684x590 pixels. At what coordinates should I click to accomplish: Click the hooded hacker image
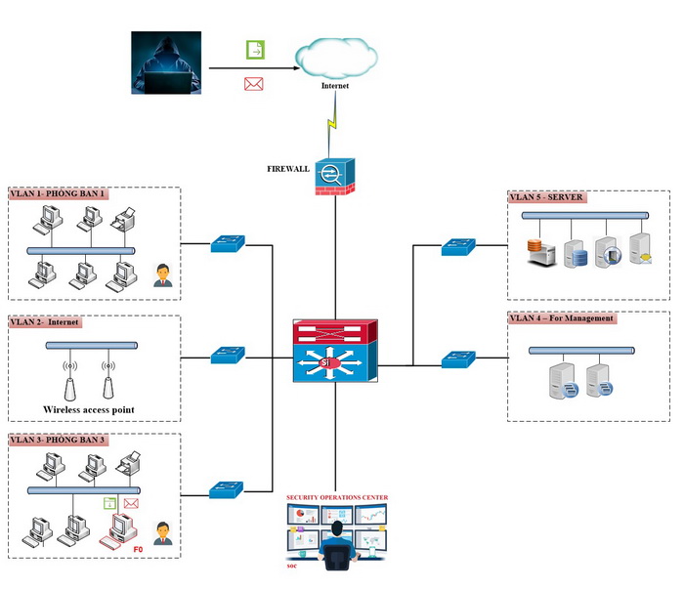click(166, 63)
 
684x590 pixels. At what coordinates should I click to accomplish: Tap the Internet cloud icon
click(336, 58)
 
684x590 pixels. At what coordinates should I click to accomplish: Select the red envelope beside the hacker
click(254, 84)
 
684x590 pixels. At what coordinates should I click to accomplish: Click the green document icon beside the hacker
click(254, 49)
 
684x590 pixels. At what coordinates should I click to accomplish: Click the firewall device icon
click(335, 177)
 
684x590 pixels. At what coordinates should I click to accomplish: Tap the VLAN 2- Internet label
click(46, 320)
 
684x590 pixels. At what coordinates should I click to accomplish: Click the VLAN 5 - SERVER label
click(546, 196)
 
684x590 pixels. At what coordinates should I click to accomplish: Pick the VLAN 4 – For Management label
click(562, 317)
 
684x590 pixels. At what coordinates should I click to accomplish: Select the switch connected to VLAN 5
click(457, 247)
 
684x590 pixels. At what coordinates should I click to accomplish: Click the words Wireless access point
click(89, 409)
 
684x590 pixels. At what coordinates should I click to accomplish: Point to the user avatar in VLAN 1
click(162, 275)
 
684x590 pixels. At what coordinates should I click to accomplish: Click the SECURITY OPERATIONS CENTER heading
click(337, 497)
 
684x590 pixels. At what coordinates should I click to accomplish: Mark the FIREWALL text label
click(288, 168)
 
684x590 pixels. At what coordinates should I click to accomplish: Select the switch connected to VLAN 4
click(457, 359)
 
